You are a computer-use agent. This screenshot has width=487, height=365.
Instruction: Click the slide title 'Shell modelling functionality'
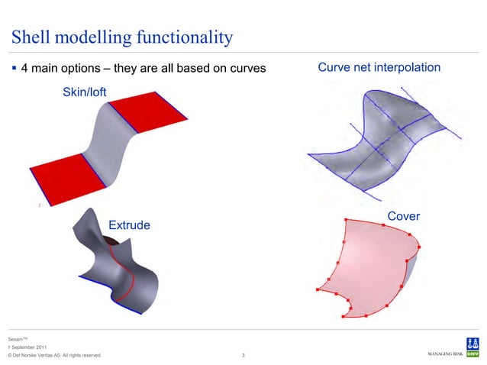121,37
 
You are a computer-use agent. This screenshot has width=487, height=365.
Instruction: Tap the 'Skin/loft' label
84,92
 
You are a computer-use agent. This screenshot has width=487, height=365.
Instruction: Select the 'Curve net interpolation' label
379,68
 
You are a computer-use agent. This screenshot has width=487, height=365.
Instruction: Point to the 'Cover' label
404,217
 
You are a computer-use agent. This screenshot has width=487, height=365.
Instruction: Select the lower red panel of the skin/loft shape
65,177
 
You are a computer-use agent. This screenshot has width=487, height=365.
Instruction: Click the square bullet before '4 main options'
15,69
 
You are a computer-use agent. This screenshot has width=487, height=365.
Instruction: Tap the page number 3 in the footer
243,355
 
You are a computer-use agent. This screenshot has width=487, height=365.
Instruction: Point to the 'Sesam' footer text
17,338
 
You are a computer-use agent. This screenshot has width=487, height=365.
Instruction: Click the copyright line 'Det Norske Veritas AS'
53,356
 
